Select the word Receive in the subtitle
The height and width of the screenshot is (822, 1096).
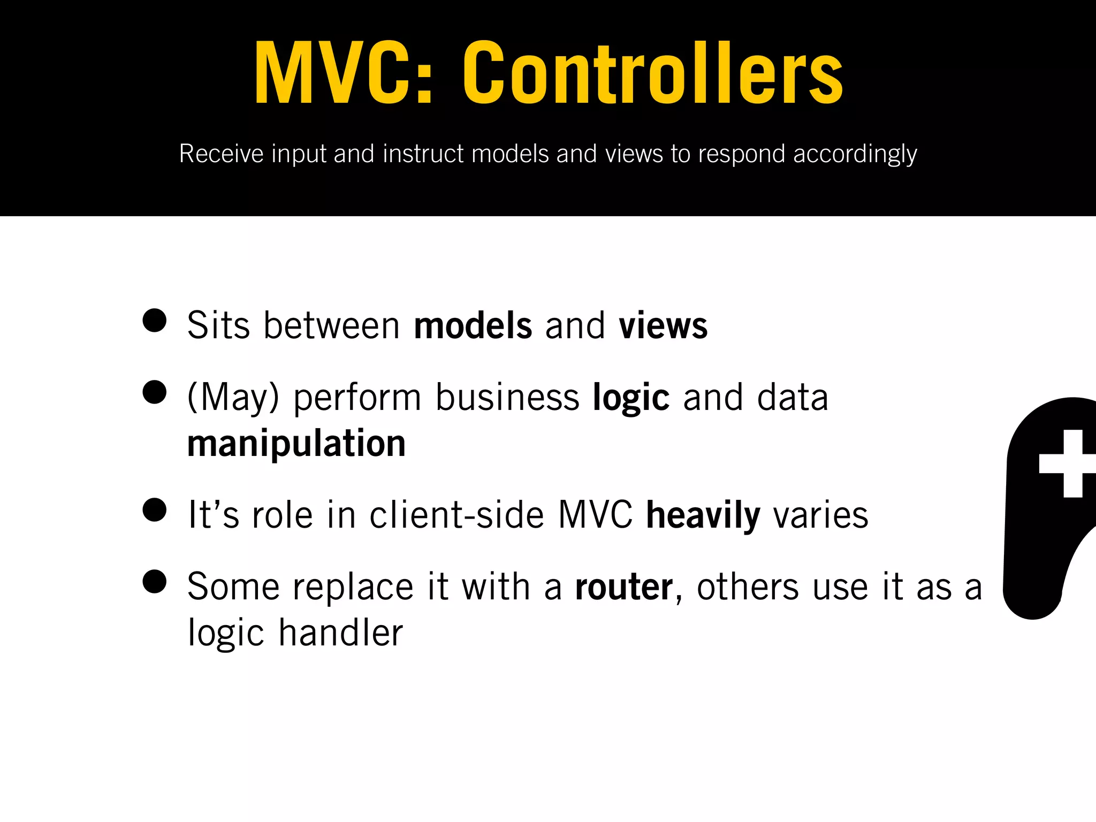[222, 154]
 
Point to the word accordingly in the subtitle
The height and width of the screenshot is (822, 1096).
[855, 154]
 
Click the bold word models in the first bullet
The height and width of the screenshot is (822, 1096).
[473, 325]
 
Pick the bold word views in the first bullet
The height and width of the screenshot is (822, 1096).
[663, 325]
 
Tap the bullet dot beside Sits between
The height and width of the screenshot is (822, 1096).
[155, 321]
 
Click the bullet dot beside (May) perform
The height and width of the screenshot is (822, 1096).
[155, 392]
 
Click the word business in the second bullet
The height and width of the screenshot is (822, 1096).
[507, 398]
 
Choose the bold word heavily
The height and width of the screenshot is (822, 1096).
[703, 515]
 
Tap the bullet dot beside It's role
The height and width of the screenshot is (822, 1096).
[155, 509]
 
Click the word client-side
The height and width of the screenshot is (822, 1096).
[456, 515]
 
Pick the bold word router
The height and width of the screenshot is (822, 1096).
[623, 587]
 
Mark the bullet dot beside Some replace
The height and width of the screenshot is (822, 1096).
[155, 582]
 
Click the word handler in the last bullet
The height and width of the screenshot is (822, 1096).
[341, 633]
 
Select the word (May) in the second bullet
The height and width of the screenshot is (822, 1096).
[233, 398]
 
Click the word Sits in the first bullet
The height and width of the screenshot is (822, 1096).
[218, 325]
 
